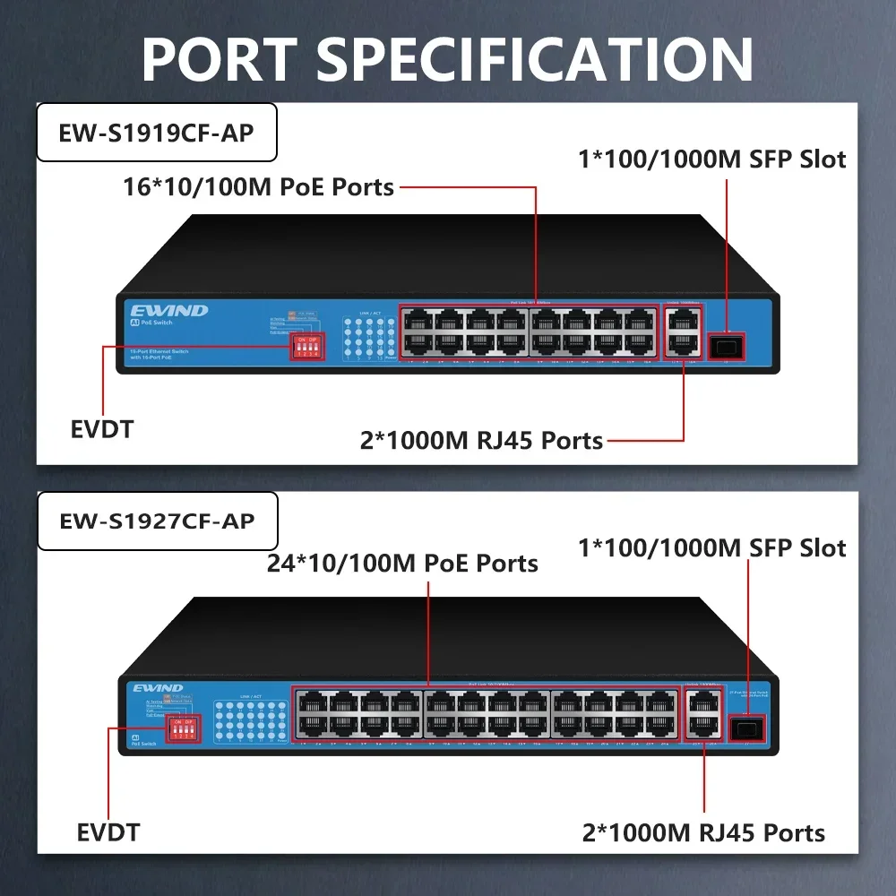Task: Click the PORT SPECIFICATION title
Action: click(447, 59)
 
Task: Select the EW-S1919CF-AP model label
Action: click(156, 133)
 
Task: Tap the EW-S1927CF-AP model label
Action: click(157, 520)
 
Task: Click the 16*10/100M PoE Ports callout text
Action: click(259, 186)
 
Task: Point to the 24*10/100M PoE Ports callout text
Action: click(402, 563)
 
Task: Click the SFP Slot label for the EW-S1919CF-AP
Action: click(711, 159)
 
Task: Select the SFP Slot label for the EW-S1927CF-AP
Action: click(711, 547)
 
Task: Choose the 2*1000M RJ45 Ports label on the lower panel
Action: click(702, 832)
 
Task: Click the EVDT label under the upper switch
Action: click(101, 429)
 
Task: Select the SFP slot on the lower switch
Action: click(745, 728)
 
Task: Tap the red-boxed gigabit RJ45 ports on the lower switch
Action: click(703, 715)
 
